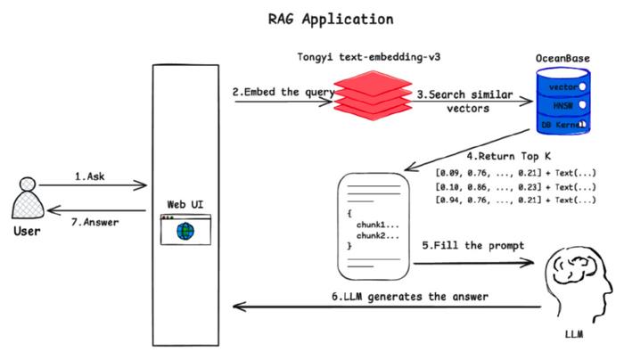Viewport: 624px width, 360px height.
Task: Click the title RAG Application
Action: pos(331,20)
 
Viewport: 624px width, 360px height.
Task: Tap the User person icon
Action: pos(28,198)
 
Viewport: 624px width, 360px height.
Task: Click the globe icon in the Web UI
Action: pos(185,231)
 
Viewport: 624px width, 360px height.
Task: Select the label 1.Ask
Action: pos(90,176)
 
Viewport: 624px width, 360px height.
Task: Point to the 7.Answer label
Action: pos(94,222)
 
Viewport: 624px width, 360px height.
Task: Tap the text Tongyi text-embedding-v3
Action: pos(369,57)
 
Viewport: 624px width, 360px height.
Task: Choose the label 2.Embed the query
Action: pos(283,93)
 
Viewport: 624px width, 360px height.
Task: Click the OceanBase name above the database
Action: pos(562,59)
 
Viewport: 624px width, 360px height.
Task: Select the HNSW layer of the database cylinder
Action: pos(563,105)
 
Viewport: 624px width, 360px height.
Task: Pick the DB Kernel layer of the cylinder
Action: pos(563,125)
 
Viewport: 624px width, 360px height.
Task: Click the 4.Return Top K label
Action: pos(509,156)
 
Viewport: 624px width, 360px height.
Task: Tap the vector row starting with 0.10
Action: pos(516,187)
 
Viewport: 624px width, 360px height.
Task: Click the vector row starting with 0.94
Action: pos(516,200)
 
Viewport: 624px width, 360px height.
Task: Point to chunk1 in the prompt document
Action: pos(377,225)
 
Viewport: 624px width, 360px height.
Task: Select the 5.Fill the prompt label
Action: pos(473,246)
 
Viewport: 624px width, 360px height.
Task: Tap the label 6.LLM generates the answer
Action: pos(410,297)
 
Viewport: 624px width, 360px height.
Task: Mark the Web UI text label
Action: pos(185,204)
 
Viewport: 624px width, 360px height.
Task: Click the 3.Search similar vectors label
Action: pos(465,102)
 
